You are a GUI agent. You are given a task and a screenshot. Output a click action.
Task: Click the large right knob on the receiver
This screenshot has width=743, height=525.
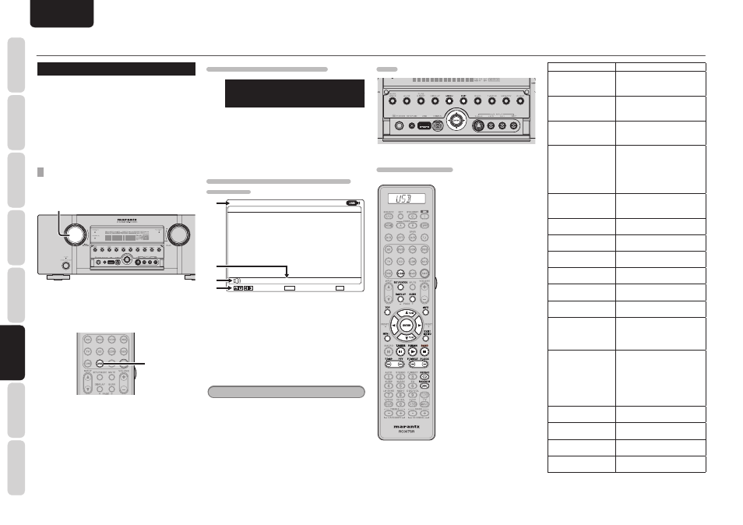coord(177,234)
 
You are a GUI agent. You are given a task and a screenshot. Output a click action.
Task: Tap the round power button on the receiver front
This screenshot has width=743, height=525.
coord(65,265)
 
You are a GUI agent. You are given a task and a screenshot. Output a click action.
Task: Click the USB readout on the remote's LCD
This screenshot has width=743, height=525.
coord(403,199)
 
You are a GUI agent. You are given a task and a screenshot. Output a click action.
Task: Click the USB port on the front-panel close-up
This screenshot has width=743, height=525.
coord(424,125)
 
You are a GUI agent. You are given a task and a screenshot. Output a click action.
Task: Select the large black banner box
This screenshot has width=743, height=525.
coord(294,93)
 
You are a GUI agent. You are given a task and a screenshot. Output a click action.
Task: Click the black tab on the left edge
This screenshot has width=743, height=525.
coord(12,352)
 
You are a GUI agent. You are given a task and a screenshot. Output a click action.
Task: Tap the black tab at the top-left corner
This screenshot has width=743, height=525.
coord(62,13)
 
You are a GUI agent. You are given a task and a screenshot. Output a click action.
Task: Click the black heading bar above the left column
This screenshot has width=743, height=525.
coord(116,69)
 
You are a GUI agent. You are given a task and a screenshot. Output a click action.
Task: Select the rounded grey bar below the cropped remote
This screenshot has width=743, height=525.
coord(286,391)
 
